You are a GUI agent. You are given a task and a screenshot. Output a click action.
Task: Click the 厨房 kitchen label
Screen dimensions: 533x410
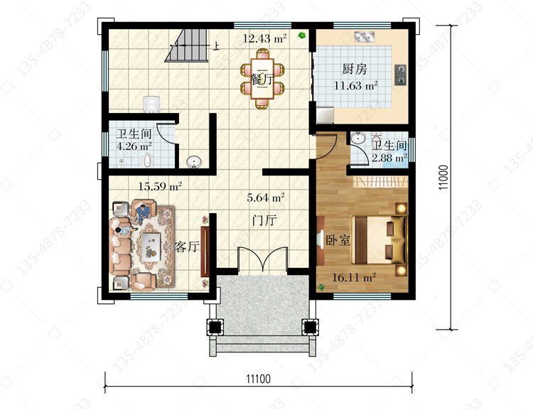pos(354,69)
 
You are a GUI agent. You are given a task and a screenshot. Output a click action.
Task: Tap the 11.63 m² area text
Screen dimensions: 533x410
pos(356,85)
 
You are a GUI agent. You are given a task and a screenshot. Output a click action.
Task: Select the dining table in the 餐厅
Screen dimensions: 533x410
pos(262,79)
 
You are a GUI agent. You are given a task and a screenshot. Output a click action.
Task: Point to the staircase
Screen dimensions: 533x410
pos(186,45)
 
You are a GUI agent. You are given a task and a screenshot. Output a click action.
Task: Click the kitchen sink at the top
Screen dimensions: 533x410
pos(365,37)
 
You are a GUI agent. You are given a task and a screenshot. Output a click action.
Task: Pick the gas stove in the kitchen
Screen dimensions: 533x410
pos(400,75)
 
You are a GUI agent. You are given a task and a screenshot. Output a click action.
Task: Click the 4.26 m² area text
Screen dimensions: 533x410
pos(134,146)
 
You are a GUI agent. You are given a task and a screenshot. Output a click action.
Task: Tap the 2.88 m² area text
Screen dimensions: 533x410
pos(389,158)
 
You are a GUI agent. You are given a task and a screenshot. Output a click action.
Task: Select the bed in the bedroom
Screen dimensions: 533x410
pos(379,239)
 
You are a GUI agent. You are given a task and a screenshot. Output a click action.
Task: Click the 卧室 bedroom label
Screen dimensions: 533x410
pos(338,240)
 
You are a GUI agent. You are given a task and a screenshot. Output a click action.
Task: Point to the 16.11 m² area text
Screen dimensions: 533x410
pos(354,277)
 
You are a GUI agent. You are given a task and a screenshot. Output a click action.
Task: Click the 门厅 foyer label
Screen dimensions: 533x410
pos(264,220)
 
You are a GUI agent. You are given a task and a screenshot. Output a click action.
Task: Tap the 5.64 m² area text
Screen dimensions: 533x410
pos(266,197)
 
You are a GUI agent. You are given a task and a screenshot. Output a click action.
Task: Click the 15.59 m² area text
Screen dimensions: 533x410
pos(160,186)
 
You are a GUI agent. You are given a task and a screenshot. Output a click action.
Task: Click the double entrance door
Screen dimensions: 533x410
pos(263,260)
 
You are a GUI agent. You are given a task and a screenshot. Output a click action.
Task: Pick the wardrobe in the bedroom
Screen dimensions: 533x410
pos(380,181)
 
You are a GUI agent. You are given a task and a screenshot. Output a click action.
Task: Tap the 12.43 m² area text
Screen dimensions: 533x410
pos(264,38)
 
